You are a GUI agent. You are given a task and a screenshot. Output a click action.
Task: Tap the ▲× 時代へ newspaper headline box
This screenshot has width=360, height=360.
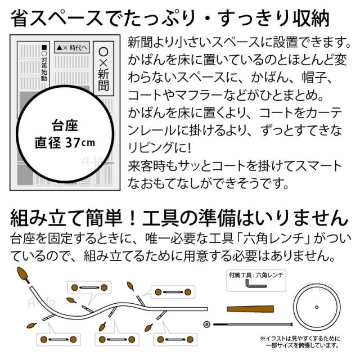tap(72, 48)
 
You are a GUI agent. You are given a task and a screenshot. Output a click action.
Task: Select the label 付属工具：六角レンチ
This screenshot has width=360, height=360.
tap(256, 275)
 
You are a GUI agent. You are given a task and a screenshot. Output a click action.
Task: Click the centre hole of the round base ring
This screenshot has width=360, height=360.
tap(319, 307)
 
